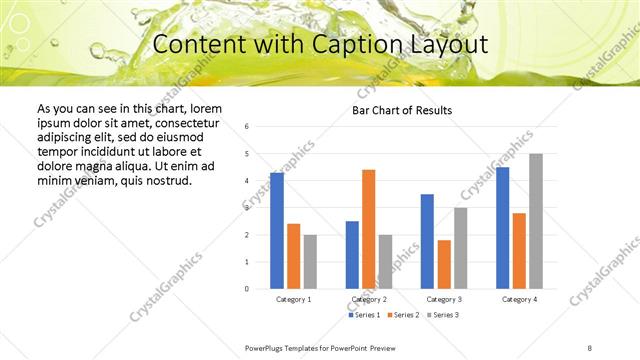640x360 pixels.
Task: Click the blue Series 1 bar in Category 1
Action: pos(277,231)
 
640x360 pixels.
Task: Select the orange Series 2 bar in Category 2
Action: pos(369,229)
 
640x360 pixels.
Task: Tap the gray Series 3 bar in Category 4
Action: pos(536,221)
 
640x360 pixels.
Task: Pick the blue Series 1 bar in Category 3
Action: pos(427,241)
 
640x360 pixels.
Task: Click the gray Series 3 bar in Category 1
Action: pos(310,262)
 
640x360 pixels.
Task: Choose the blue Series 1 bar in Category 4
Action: pos(502,228)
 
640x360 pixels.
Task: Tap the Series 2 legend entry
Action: pos(401,315)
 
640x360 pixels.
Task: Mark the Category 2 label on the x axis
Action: pos(369,299)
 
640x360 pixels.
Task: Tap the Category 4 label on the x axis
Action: pos(519,299)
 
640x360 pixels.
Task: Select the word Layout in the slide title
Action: pos(450,44)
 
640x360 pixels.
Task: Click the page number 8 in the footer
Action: pos(590,346)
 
